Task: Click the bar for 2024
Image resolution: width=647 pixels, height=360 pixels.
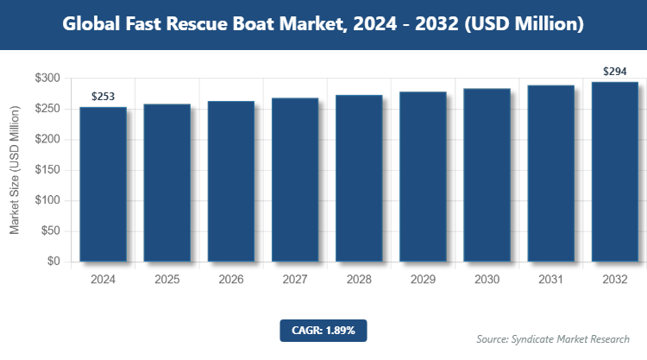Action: click(x=104, y=184)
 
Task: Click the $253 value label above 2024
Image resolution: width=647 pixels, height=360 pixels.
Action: click(x=104, y=96)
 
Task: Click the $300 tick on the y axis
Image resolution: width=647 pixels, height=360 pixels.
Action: click(x=47, y=79)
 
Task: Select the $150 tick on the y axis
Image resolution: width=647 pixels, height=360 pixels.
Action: click(x=47, y=170)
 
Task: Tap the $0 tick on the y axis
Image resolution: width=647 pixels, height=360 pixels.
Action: click(x=53, y=262)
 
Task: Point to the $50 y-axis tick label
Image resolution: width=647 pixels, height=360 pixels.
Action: click(x=50, y=231)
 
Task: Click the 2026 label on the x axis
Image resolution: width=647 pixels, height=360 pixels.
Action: click(x=231, y=280)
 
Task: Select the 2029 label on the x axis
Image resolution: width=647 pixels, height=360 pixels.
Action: click(x=423, y=280)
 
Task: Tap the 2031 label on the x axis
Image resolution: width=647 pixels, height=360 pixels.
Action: click(x=550, y=280)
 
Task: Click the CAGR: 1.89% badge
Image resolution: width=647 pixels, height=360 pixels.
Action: click(x=323, y=330)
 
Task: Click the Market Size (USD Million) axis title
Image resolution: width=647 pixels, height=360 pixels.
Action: click(x=15, y=170)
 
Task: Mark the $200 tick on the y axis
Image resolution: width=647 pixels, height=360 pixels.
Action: click(x=47, y=140)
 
